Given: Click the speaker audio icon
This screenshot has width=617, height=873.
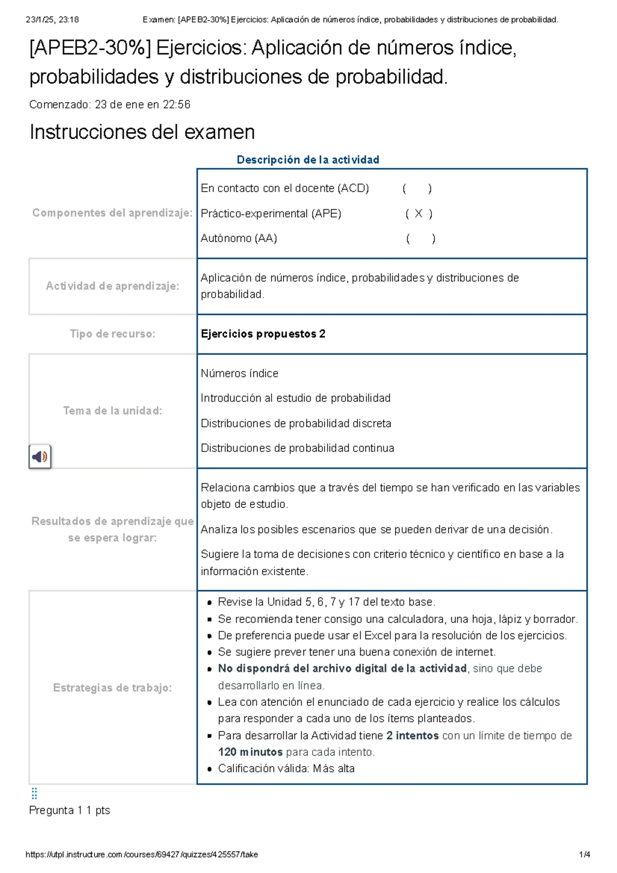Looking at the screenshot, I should (40, 456).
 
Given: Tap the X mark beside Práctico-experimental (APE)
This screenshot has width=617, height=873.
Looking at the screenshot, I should (419, 214).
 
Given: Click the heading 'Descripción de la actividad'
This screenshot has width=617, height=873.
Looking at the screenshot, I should (307, 160).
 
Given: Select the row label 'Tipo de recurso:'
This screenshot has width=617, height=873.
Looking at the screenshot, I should (113, 334).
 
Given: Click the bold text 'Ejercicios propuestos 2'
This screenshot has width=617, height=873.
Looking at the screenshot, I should (263, 334).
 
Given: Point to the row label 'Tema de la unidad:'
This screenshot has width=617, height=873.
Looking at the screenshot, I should (113, 410).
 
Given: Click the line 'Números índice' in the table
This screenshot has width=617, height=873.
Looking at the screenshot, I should (240, 373).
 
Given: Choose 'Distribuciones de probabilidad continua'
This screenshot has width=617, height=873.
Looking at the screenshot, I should (297, 448).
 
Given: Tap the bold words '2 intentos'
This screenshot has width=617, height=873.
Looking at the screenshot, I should (412, 735).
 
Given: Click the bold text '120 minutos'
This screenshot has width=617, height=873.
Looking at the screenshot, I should (250, 752).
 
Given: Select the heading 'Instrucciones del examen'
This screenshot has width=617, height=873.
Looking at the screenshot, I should (142, 132).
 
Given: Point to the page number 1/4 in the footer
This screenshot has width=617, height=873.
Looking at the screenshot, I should (584, 854).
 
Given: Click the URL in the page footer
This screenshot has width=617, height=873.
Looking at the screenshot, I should (141, 854).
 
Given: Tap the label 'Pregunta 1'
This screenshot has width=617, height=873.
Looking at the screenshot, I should (56, 810).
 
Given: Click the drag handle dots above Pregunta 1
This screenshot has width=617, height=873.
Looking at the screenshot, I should (34, 793).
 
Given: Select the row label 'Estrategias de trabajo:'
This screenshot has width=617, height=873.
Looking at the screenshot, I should (113, 687).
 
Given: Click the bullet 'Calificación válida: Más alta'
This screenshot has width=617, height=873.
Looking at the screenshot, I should (286, 768).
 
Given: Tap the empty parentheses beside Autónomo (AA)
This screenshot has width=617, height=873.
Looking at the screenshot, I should (421, 239).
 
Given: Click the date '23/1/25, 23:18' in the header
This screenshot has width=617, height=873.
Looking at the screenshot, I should (52, 20).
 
